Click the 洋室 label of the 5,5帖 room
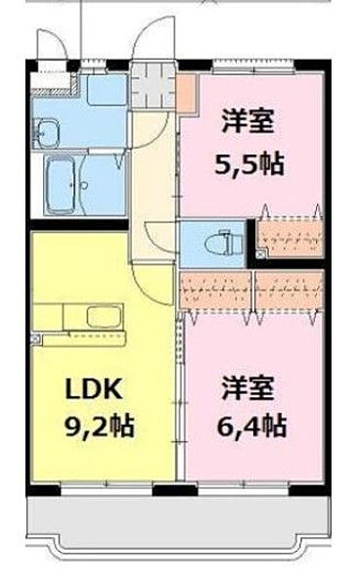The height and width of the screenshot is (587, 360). tap(248, 125)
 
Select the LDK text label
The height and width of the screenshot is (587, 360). tap(94, 389)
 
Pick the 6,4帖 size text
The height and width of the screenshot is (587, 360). tap(250, 426)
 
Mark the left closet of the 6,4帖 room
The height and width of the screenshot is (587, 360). tap(215, 291)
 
